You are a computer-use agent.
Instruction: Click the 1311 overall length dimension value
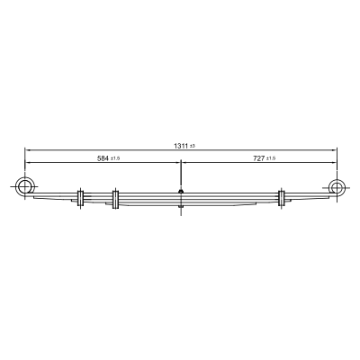[181, 146]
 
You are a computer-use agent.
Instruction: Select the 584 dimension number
[103, 158]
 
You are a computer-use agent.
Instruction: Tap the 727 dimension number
[259, 158]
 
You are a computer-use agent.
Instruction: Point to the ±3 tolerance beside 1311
[193, 147]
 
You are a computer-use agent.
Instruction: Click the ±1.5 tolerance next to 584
[115, 158]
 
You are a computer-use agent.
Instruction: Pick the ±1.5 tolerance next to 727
[271, 158]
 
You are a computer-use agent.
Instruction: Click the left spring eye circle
[24, 187]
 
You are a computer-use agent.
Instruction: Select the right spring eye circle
[337, 186]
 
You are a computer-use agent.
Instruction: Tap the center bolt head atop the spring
[181, 191]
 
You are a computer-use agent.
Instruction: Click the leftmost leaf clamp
[80, 198]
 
